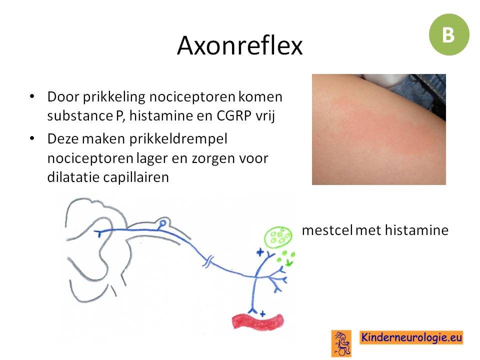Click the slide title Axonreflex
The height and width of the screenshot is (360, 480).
point(239,45)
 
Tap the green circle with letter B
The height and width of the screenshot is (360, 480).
point(449,34)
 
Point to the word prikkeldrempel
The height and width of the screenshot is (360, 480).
point(178,139)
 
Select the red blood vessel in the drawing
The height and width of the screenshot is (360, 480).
point(258,321)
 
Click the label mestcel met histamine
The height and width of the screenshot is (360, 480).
point(375,230)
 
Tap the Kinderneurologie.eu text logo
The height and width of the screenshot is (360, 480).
point(411,337)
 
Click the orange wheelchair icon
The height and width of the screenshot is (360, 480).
point(341,343)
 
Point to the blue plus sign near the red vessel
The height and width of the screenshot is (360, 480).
point(262,314)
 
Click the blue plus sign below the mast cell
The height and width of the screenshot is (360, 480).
point(260,252)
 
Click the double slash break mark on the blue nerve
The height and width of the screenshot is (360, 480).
point(208,262)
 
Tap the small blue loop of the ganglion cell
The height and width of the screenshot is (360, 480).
point(162,223)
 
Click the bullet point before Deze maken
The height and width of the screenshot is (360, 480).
point(32,138)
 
